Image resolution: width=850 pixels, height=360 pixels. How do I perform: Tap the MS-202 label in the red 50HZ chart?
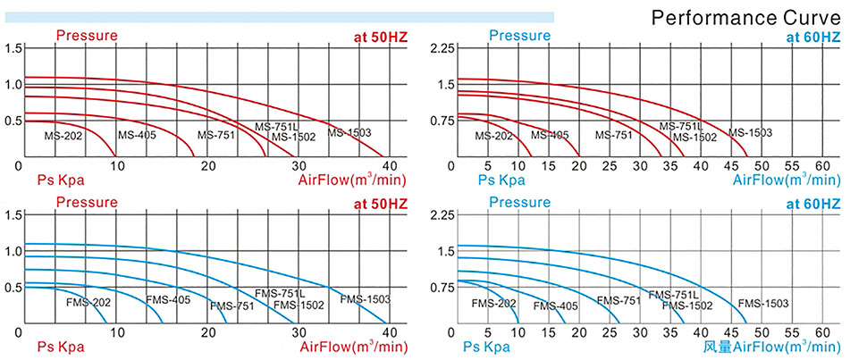point(64,136)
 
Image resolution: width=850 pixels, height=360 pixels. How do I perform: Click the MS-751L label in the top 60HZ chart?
point(682,127)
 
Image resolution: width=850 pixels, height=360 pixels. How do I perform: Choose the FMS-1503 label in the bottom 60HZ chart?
point(763,304)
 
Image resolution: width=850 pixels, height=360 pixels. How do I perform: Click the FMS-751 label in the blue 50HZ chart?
point(232,306)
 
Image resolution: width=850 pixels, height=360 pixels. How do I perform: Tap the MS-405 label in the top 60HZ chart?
point(550,136)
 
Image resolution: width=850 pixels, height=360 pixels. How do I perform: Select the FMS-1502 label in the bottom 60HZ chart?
point(687,306)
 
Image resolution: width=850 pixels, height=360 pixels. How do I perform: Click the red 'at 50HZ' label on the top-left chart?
point(382,37)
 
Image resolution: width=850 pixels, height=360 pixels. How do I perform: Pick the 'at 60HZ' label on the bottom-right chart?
point(812,204)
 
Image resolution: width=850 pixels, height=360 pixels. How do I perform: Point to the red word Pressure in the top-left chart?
point(87,36)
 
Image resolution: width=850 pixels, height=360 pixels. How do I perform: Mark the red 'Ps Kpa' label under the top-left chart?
point(62,180)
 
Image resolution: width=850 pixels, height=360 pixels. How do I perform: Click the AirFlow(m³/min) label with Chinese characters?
point(770,346)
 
